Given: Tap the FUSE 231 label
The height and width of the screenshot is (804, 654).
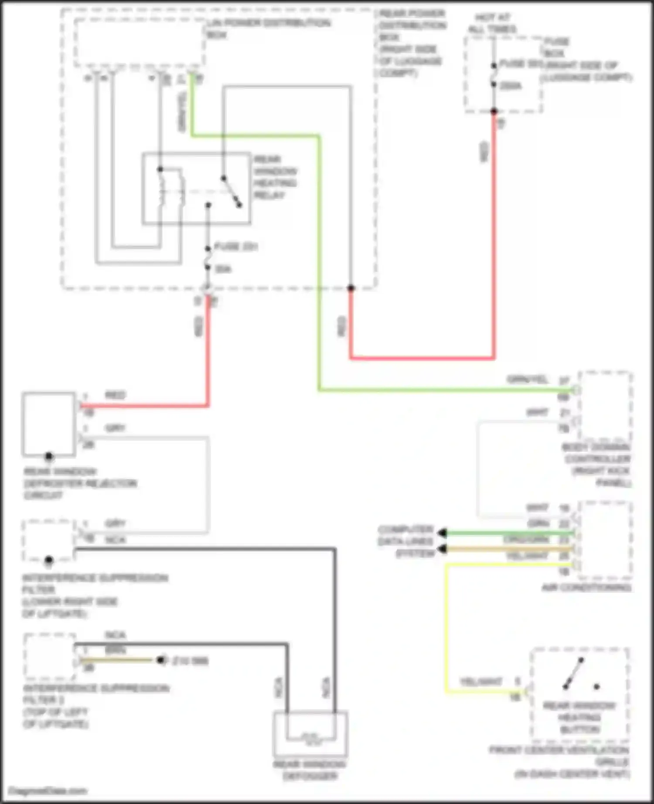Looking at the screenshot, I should [x=236, y=247].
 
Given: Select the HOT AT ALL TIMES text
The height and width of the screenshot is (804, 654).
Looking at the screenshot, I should [x=492, y=24].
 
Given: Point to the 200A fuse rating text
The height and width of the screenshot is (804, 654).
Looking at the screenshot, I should [x=510, y=86].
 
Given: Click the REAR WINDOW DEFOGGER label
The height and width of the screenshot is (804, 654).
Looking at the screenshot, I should [x=310, y=770].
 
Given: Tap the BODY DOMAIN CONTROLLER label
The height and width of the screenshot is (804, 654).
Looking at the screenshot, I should [x=597, y=465].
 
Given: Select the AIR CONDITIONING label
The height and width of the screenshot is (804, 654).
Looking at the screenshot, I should [x=586, y=588].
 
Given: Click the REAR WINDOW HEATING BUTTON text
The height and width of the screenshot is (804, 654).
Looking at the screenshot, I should [x=579, y=717].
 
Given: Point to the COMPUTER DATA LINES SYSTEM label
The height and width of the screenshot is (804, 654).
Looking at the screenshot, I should [x=406, y=541].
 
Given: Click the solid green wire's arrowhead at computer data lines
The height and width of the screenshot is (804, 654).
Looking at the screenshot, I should [x=442, y=533].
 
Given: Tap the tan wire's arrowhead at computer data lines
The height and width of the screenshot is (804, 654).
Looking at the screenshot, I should [x=442, y=549].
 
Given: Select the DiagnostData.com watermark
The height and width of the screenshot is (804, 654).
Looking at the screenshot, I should [x=48, y=790].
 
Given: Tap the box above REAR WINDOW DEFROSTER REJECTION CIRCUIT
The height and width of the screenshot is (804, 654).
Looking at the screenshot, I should [x=49, y=424].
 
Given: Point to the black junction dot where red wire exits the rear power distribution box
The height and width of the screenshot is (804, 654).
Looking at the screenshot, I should [x=351, y=288].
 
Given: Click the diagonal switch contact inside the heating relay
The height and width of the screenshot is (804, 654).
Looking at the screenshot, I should [x=231, y=192].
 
